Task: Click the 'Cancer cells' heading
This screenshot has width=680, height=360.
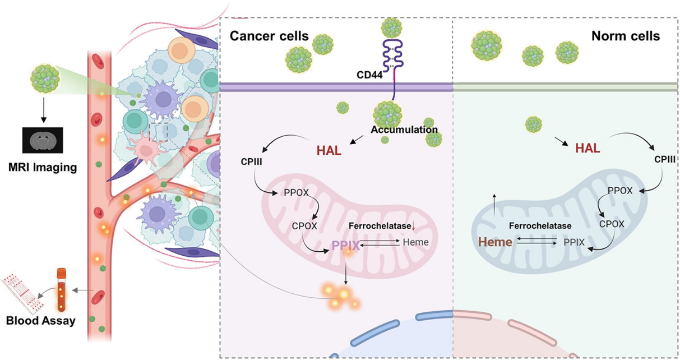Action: pyautogui.click(x=269, y=36)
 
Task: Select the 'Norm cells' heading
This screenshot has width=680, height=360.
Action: pyautogui.click(x=626, y=36)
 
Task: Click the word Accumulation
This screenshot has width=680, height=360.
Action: pyautogui.click(x=404, y=130)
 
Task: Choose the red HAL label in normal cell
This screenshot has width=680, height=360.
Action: pyautogui.click(x=587, y=148)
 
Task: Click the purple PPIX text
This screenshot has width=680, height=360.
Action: pyautogui.click(x=345, y=245)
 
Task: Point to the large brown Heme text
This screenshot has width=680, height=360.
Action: pyautogui.click(x=496, y=242)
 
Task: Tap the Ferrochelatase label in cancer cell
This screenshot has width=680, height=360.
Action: pyautogui.click(x=380, y=225)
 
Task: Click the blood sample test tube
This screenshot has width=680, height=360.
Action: pyautogui.click(x=62, y=289)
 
